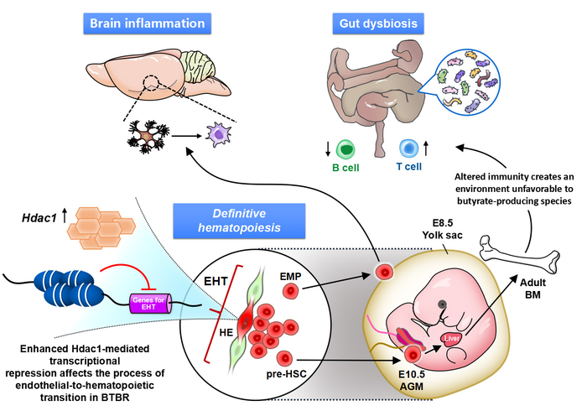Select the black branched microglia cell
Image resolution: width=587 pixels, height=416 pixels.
coord(150,135)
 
